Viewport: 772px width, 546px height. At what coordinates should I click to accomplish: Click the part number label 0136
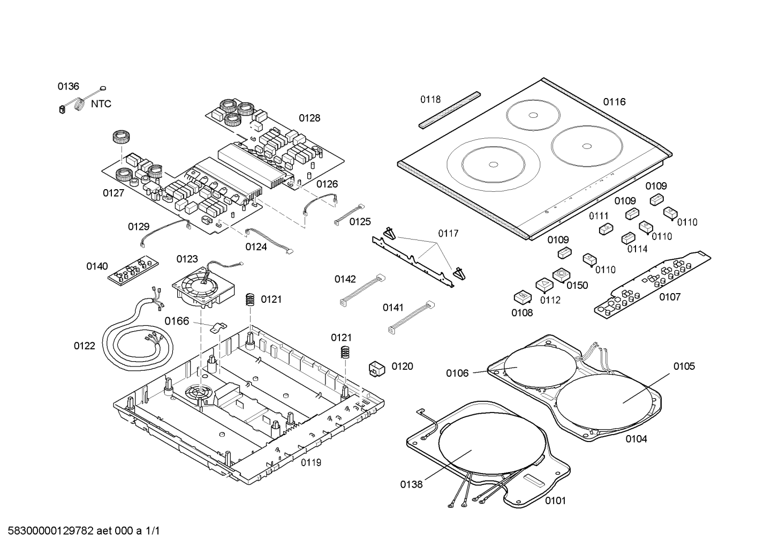(68, 86)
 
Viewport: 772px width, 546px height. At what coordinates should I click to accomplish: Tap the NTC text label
(101, 104)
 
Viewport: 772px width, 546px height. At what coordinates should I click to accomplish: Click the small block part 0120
(377, 368)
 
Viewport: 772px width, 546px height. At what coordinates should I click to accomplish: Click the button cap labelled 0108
(521, 297)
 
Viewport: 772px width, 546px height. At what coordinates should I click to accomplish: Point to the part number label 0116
(614, 102)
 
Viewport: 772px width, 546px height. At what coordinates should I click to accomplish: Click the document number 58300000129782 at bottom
(81, 531)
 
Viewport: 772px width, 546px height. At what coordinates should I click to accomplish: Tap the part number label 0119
(311, 462)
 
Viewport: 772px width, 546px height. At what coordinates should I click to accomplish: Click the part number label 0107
(669, 297)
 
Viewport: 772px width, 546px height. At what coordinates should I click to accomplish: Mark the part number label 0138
(411, 485)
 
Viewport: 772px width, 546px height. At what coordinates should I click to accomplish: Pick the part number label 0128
(309, 118)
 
